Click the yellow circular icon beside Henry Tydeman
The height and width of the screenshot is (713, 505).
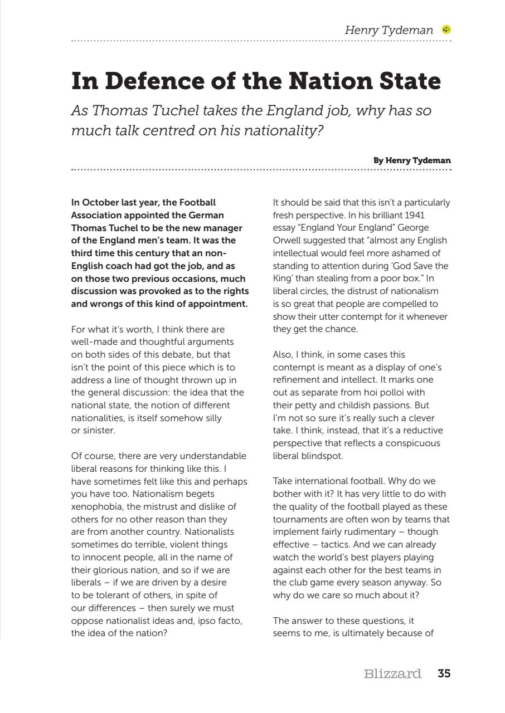tap(446, 30)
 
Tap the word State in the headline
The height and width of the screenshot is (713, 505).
tap(407, 81)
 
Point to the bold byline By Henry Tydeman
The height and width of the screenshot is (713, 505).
tap(412, 160)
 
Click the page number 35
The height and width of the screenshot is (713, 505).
tap(444, 673)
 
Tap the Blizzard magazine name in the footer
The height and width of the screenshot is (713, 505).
tap(392, 673)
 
